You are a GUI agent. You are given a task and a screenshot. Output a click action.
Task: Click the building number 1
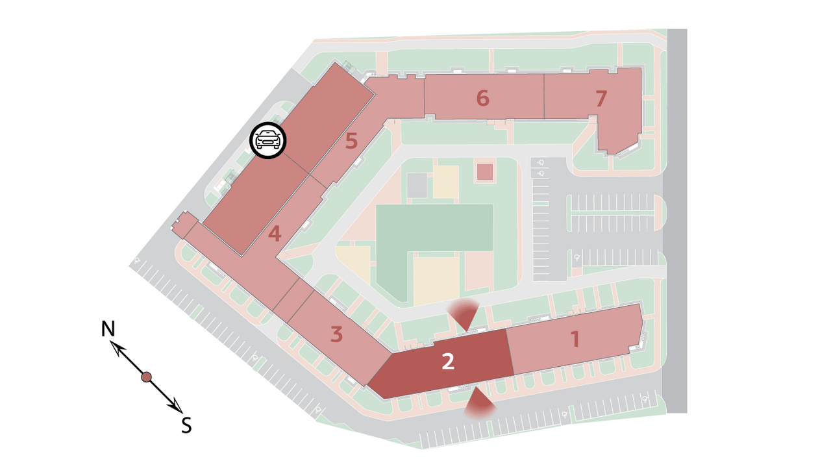click(575, 339)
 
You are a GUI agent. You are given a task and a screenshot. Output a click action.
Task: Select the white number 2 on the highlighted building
click(448, 361)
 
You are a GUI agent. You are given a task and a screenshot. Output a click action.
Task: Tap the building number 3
click(336, 334)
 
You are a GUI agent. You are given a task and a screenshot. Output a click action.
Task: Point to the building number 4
click(275, 234)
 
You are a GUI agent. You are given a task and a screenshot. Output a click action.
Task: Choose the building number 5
click(351, 141)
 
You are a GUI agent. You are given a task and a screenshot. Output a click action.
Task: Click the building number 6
click(482, 98)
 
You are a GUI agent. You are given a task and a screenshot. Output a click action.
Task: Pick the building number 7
click(601, 98)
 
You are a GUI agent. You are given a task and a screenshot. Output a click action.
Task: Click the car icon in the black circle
click(268, 140)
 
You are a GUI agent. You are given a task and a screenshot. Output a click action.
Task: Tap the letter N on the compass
click(108, 329)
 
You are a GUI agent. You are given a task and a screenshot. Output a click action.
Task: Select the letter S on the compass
click(186, 425)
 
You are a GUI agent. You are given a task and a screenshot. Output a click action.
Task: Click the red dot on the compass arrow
click(147, 377)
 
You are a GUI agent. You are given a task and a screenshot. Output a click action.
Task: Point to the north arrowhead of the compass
click(118, 348)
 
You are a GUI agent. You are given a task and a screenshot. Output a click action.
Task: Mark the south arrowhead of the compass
click(175, 406)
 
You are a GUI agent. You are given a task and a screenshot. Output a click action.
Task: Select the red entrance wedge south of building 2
click(479, 403)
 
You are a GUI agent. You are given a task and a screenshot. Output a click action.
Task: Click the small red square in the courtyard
click(485, 172)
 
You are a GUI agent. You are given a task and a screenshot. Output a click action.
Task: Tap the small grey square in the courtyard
click(417, 186)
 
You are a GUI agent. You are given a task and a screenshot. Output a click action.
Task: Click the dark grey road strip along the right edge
click(677, 221)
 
